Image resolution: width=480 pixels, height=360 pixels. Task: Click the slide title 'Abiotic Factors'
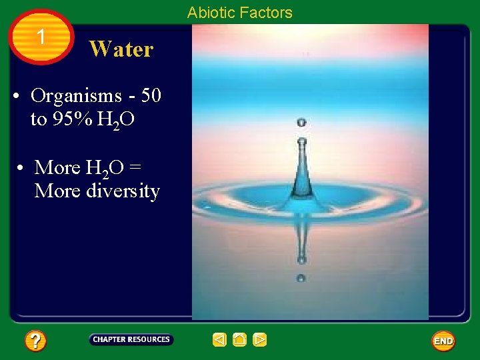pyautogui.click(x=239, y=13)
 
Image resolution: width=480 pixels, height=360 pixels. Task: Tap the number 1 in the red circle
pyautogui.click(x=41, y=37)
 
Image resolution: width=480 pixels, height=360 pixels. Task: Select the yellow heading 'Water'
pyautogui.click(x=121, y=49)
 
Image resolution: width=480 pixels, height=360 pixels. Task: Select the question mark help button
pyautogui.click(x=35, y=341)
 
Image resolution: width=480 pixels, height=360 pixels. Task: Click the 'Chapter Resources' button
pyautogui.click(x=131, y=339)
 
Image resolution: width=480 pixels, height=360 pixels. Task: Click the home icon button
pyautogui.click(x=239, y=340)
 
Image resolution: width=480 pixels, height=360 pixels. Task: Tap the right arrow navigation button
pyautogui.click(x=260, y=340)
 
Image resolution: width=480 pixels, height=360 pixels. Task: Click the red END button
pyautogui.click(x=443, y=341)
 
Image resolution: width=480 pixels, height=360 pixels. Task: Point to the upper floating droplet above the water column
pyautogui.click(x=301, y=123)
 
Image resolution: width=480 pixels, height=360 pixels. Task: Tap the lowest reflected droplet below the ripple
pyautogui.click(x=301, y=278)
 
